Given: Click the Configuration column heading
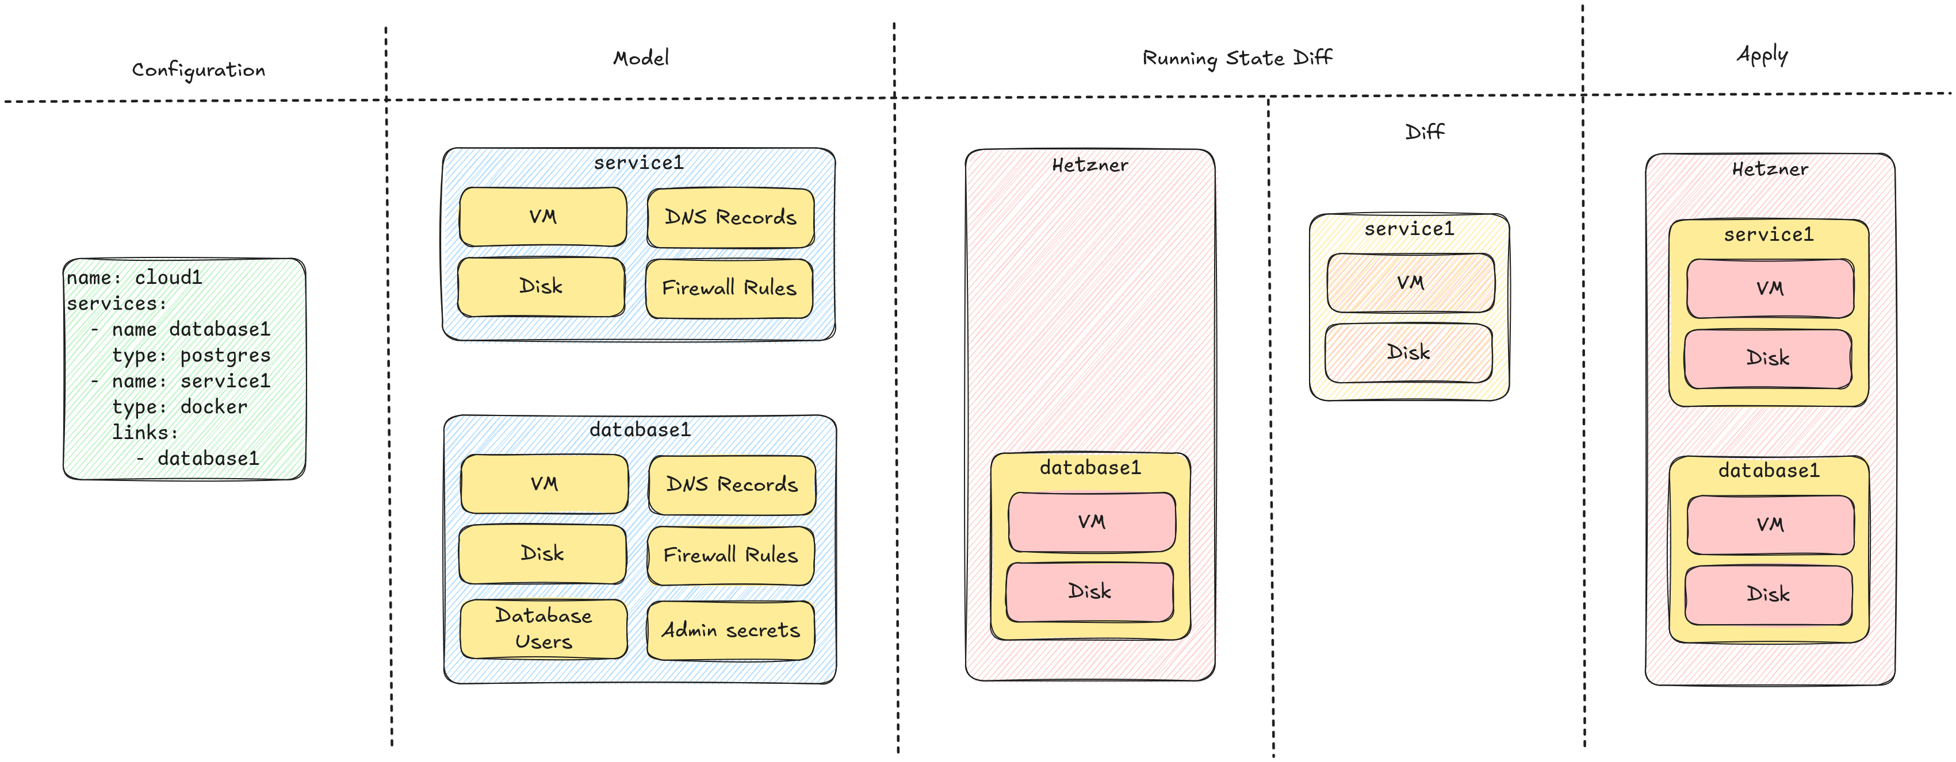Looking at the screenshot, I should coord(198,70).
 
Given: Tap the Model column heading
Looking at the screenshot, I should coord(640,57).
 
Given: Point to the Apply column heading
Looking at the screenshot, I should coord(1762,55).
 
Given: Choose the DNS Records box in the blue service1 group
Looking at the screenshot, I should coord(730,218).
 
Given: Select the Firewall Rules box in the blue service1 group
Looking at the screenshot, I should coord(729,288).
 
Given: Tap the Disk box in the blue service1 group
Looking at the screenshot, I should coord(541,287).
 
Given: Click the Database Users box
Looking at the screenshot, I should coord(543,629).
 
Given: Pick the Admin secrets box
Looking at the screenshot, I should coord(730,630).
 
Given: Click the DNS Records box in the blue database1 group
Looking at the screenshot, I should coord(732,485).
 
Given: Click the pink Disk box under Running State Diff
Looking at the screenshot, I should coord(1090,592).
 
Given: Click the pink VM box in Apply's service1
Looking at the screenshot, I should coord(1770,288).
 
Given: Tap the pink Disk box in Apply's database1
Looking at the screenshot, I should coord(1768,595).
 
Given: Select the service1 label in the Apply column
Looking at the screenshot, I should coord(1769,234).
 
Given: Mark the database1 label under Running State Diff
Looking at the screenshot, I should coord(1090,468).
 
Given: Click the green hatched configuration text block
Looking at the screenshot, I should coord(184,369).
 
